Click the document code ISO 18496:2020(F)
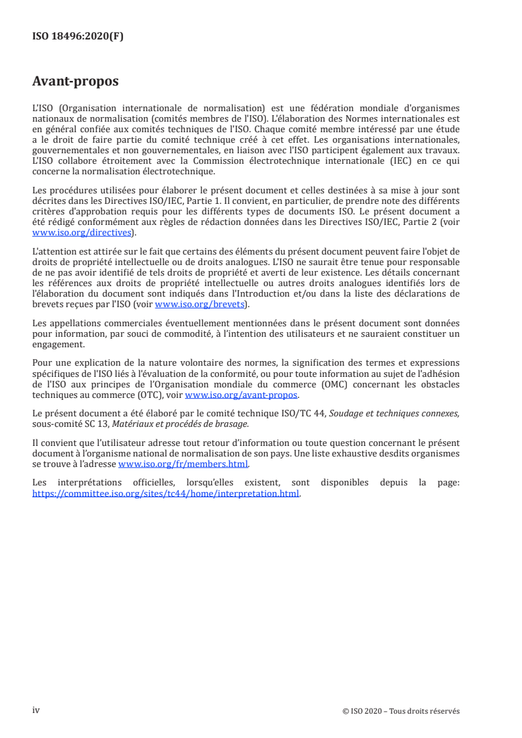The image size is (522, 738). [78, 37]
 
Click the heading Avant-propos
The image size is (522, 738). [75, 82]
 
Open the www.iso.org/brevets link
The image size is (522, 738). [198, 304]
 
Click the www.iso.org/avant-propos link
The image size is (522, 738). [242, 395]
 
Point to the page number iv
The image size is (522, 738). [36, 710]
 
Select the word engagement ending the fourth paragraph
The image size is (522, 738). [59, 344]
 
